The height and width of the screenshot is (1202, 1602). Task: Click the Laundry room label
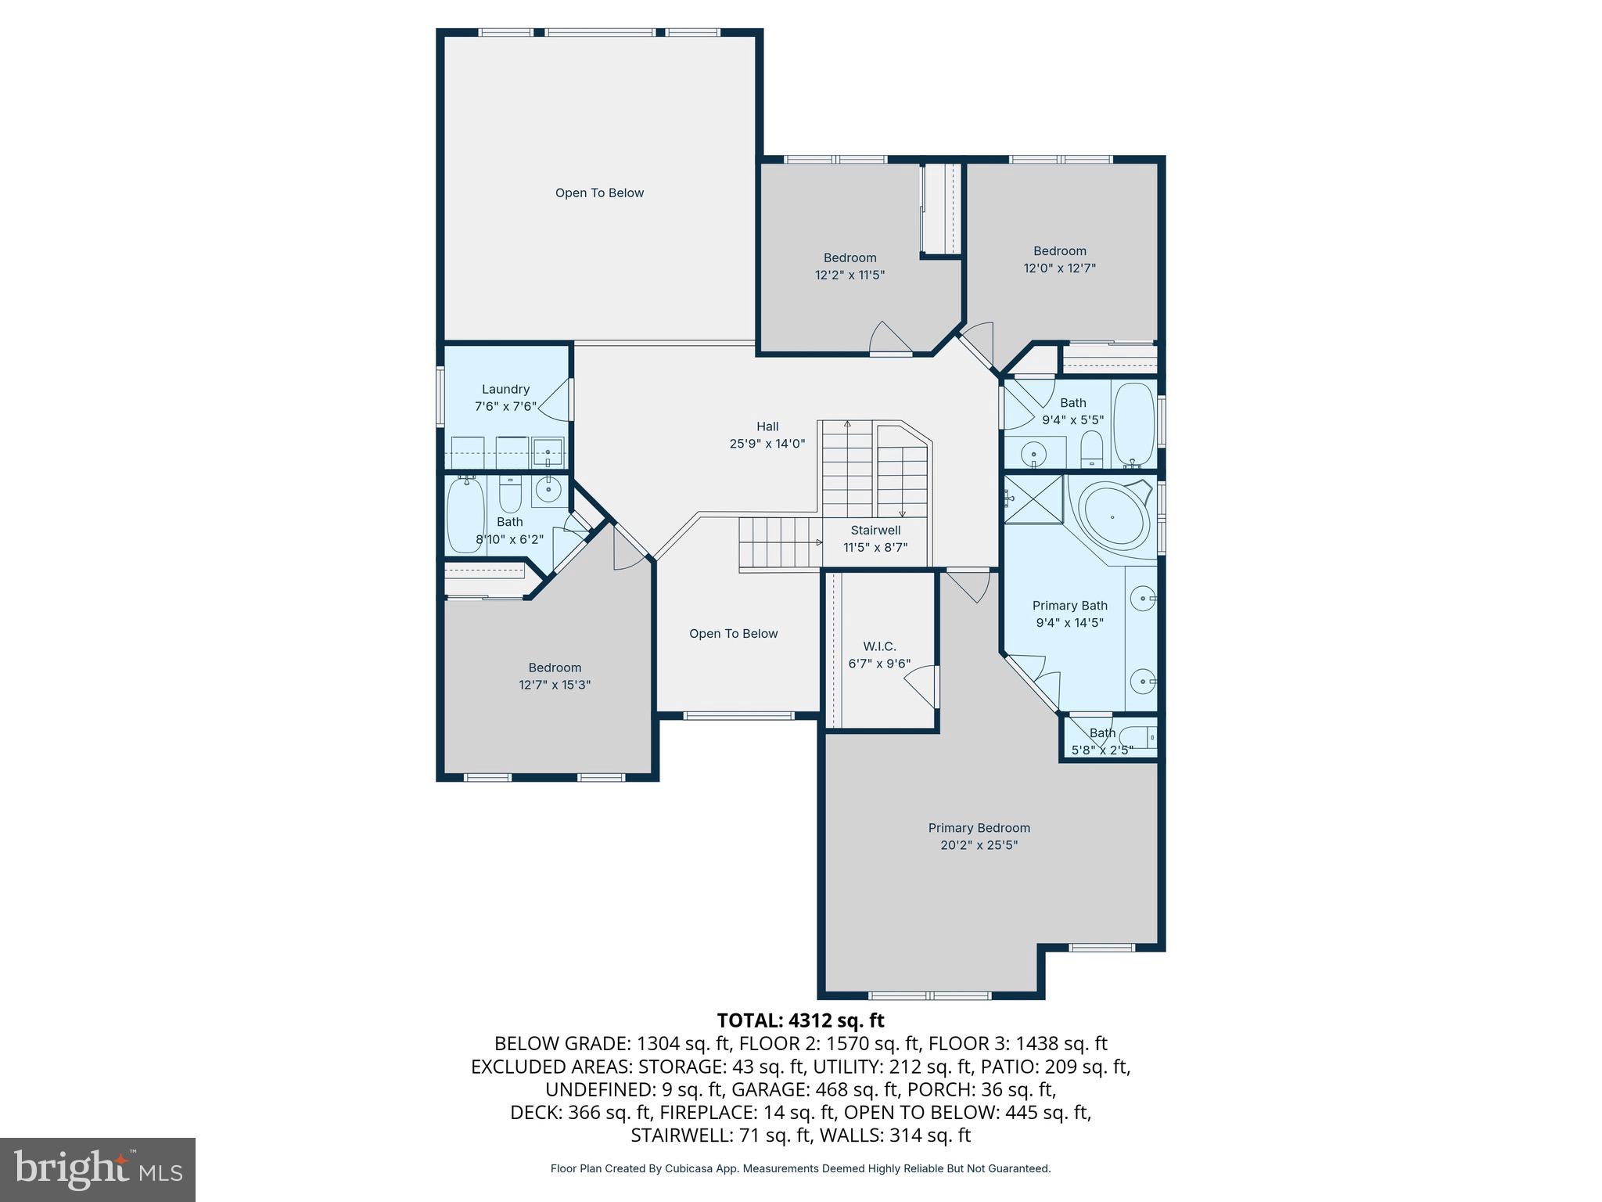[x=505, y=389]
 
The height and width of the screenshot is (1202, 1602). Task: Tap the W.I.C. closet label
[x=879, y=646]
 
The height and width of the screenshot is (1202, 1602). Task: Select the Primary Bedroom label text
[x=979, y=828]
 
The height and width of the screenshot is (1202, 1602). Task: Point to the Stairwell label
[x=875, y=531]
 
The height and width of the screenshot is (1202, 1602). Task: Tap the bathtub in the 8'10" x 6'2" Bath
[x=465, y=515]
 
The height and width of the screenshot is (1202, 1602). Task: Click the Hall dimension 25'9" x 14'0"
[x=767, y=444]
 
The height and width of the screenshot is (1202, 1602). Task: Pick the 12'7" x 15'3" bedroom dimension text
[x=554, y=685]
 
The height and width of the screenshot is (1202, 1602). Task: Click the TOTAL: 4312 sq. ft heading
[x=800, y=1020]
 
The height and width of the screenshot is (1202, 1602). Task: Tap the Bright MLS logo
[x=98, y=1169]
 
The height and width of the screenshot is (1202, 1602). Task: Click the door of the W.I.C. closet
[x=921, y=686]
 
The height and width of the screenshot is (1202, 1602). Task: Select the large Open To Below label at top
[x=599, y=193]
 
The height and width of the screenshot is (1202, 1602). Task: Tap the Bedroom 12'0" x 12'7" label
[x=1059, y=251]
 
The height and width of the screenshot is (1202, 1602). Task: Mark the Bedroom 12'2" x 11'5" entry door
[x=890, y=338]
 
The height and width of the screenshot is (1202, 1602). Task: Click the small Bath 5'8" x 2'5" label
[x=1101, y=733]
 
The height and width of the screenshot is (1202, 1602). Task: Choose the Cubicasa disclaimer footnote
[x=800, y=1169]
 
